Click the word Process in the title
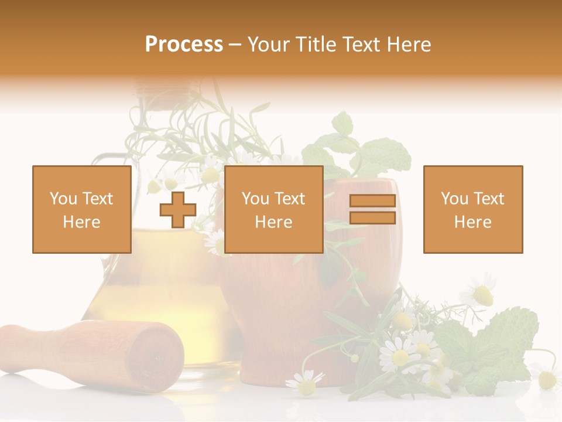click(x=184, y=45)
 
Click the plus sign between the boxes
click(x=178, y=209)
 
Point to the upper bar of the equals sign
click(x=372, y=201)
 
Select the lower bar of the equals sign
click(x=372, y=218)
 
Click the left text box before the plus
click(x=82, y=209)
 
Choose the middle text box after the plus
click(x=273, y=209)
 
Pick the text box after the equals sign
click(x=472, y=209)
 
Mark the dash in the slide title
click(x=235, y=45)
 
